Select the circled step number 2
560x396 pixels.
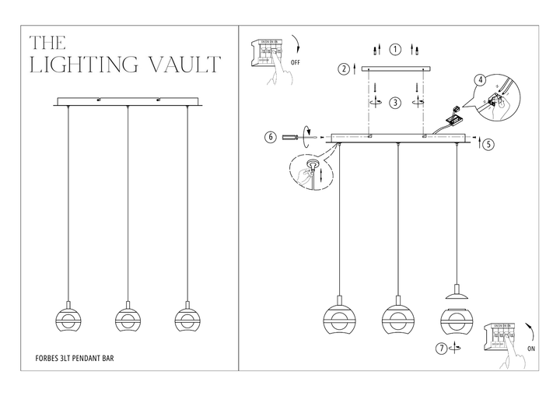(343, 69)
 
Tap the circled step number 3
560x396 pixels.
(395, 102)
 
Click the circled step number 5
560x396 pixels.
(486, 144)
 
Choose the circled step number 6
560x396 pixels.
(271, 138)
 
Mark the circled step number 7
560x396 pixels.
(442, 349)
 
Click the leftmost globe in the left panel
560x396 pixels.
(68, 320)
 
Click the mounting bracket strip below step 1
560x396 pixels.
(396, 70)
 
